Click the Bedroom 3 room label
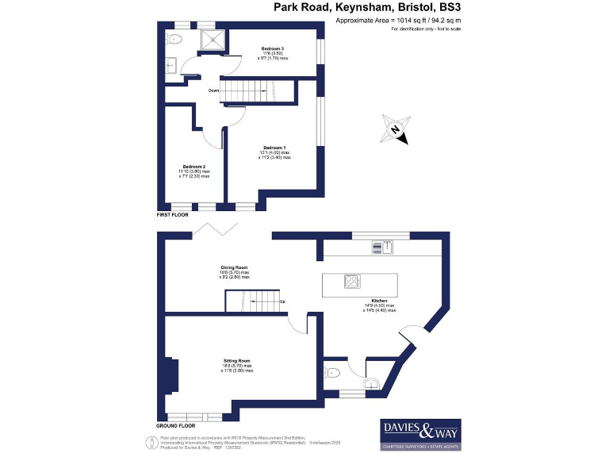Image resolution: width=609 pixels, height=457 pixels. (x=273, y=49)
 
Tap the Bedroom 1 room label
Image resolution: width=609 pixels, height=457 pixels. (x=274, y=148)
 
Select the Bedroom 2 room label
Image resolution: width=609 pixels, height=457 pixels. (x=193, y=167)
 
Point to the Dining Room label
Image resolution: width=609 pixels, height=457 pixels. (x=234, y=267)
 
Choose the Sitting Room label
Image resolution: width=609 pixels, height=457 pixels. (x=238, y=361)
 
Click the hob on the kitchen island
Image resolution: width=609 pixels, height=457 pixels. (x=350, y=282)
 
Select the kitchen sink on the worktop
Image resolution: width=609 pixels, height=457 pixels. (x=378, y=248)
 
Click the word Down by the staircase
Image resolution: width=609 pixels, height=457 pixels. (x=213, y=90)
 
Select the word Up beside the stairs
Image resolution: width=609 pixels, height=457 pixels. (x=283, y=301)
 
